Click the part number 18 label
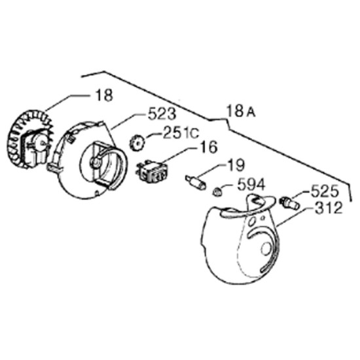[x=105, y=95]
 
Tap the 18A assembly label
[x=241, y=111]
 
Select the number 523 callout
[x=162, y=114]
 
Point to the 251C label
[x=181, y=133]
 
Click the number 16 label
[x=207, y=147]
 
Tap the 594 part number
[x=251, y=185]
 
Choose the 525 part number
[x=325, y=190]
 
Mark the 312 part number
[x=329, y=207]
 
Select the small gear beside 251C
[x=137, y=143]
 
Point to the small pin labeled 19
[x=196, y=183]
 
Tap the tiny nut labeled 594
[x=217, y=192]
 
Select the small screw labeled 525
[x=289, y=202]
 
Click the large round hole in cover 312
[x=266, y=249]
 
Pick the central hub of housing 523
[x=96, y=162]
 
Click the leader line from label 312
[x=295, y=217]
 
